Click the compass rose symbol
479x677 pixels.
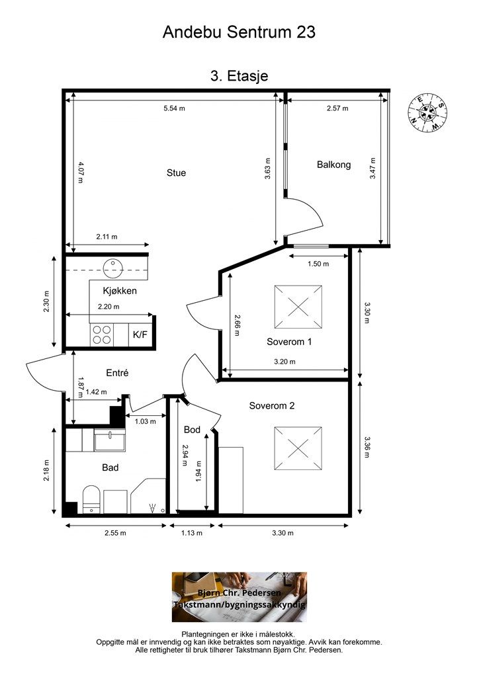point(427,113)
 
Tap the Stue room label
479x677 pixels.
point(176,173)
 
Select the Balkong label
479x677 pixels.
point(333,165)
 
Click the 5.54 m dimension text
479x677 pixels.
point(174,108)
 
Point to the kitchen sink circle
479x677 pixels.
point(113,268)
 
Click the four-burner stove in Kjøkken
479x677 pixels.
point(101,335)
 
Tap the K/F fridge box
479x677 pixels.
point(140,334)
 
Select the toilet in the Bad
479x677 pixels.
point(91,499)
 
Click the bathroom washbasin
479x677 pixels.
point(110,440)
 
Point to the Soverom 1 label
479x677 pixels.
point(289,342)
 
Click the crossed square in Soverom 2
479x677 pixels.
point(298,448)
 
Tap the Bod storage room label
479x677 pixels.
point(192,430)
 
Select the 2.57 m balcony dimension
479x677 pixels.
point(337,108)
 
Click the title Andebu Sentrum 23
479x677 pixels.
point(239,32)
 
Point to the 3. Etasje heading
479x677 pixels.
point(239,76)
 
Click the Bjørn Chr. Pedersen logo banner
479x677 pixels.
point(239,597)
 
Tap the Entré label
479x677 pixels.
point(117,373)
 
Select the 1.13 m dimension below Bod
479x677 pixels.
point(191,533)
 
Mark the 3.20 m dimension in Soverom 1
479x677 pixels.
point(284,362)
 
